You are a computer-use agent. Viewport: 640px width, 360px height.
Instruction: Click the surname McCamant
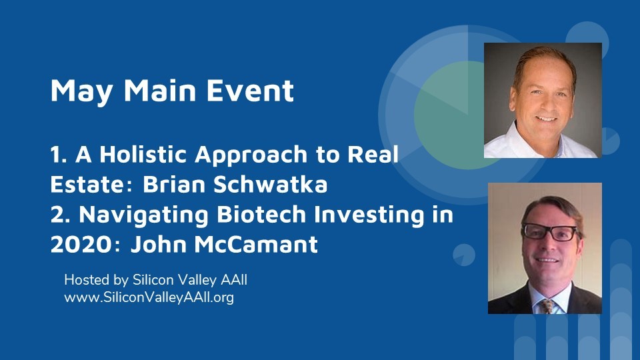pyautogui.click(x=256, y=244)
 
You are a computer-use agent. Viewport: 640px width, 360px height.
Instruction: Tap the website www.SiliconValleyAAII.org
pyautogui.click(x=149, y=297)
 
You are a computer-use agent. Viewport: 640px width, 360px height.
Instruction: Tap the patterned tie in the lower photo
pyautogui.click(x=547, y=306)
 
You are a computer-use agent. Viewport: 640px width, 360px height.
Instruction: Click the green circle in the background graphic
pyautogui.click(x=453, y=115)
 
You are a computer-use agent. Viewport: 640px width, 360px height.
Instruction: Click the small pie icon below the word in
pyautogui.click(x=464, y=255)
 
